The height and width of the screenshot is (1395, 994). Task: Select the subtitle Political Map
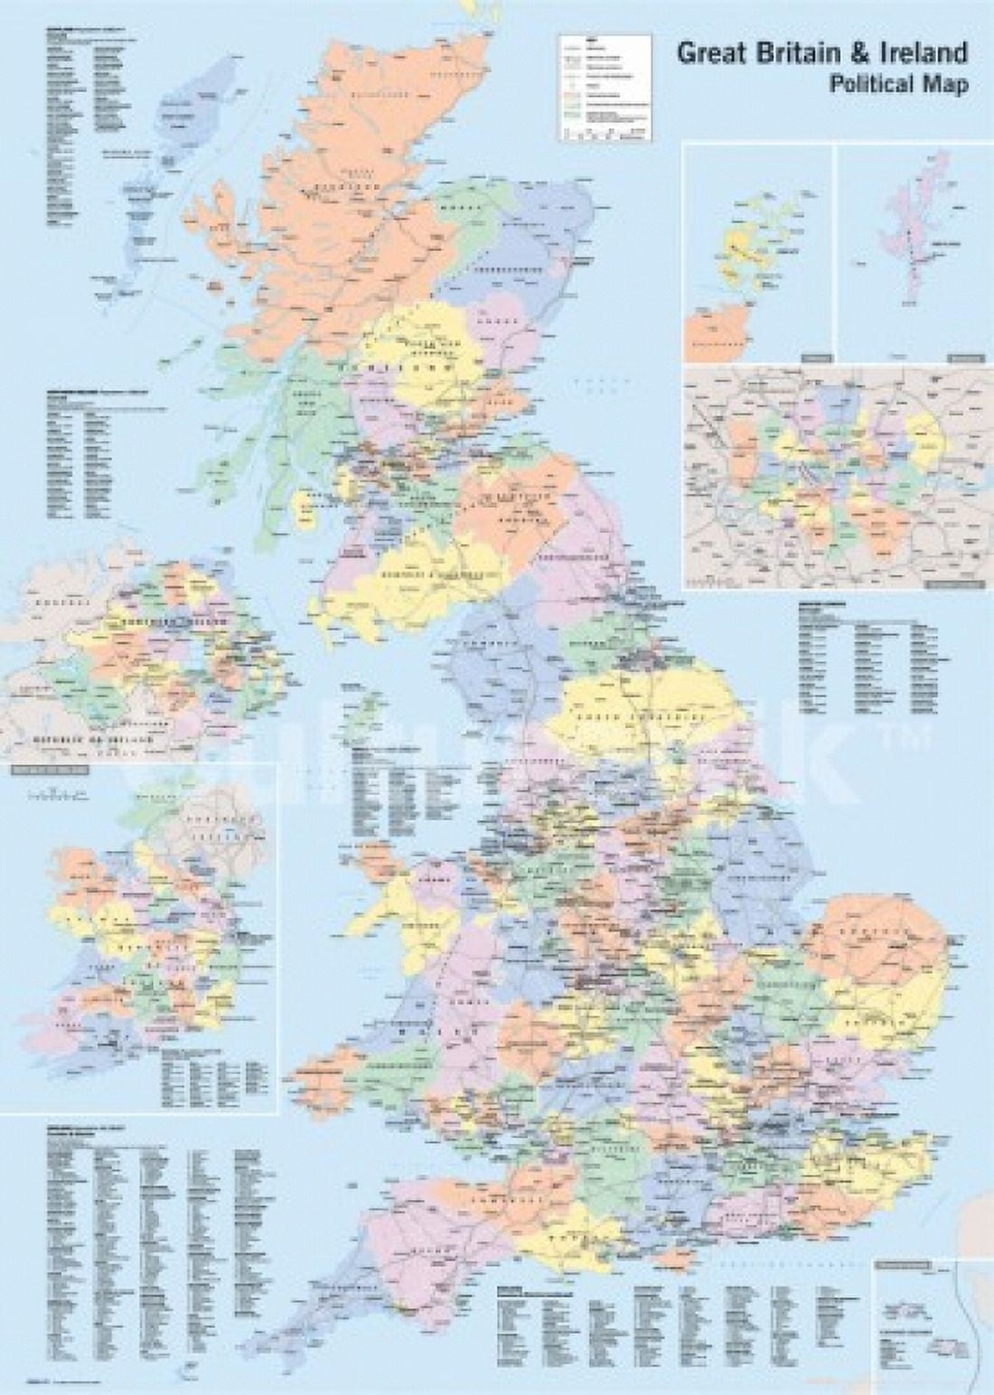coord(898,85)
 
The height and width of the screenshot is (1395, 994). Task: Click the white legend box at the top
coord(604,87)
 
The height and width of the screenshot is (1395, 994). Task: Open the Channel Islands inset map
coord(931,1319)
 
